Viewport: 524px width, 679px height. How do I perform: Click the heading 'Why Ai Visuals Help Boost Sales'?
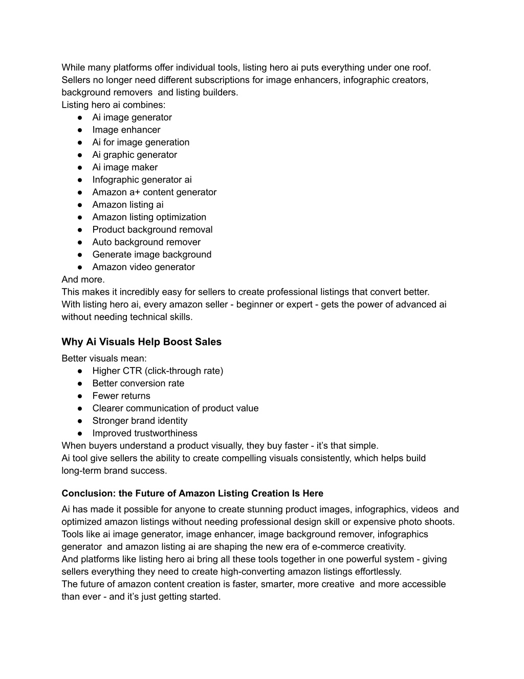click(141, 342)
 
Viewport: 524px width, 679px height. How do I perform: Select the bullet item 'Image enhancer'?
click(126, 130)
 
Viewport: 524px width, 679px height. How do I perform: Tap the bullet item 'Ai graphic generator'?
click(135, 155)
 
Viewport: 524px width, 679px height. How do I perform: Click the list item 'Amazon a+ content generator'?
click(154, 192)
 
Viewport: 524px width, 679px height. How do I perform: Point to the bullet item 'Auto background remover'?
click(146, 242)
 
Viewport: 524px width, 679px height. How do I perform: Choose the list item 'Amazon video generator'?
click(143, 267)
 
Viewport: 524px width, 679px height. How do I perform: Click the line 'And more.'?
click(83, 279)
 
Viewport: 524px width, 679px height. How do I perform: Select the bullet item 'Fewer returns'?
click(121, 396)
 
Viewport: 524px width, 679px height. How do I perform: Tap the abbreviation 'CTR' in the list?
click(132, 371)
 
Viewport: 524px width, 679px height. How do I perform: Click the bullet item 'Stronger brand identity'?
click(140, 421)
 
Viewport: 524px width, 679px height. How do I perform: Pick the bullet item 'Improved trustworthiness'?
click(145, 433)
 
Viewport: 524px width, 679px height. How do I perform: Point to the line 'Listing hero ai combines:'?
click(114, 105)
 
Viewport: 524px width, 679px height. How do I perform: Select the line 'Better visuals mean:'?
click(104, 358)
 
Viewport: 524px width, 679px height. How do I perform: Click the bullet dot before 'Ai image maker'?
click(80, 167)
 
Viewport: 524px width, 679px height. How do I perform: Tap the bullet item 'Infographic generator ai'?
click(142, 179)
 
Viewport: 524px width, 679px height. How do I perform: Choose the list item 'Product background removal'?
click(152, 230)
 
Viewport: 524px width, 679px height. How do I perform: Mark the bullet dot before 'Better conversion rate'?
click(80, 383)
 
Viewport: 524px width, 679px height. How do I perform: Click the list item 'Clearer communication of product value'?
click(176, 408)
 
